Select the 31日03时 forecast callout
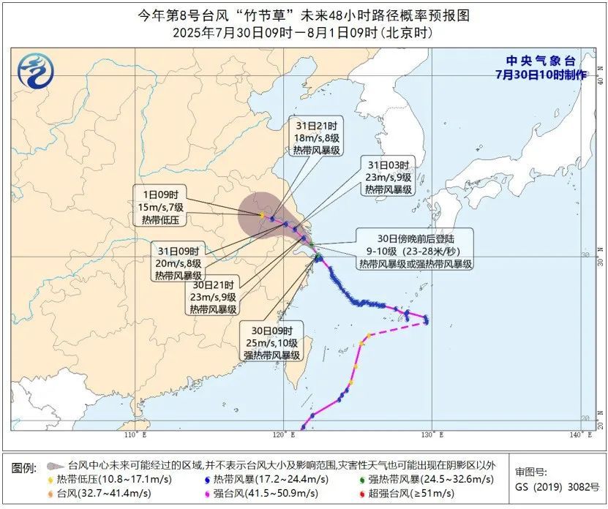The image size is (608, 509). coord(388,177)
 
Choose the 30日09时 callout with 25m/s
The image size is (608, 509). coord(272,342)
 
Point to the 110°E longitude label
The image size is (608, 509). coord(135,436)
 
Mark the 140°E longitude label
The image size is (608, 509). coord(580,436)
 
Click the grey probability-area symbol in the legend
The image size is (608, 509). coord(53,465)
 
